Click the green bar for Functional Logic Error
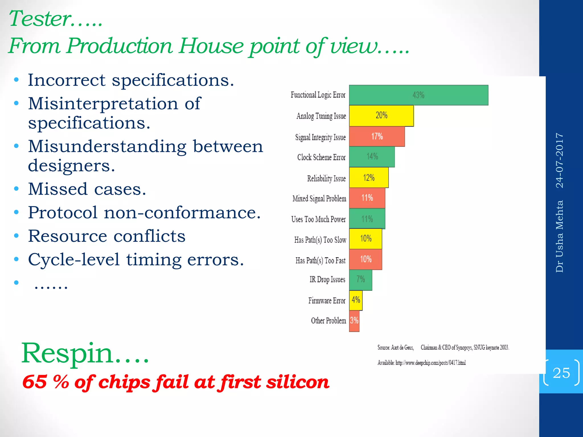pyautogui.click(x=418, y=95)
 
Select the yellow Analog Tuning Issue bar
pyautogui.click(x=381, y=116)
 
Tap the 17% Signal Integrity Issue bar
pyautogui.click(x=377, y=137)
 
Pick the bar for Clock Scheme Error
pyautogui.click(x=372, y=157)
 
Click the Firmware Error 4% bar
pyautogui.click(x=356, y=300)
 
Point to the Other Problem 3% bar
pyautogui.click(x=354, y=321)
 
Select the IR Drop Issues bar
pyautogui.click(x=360, y=280)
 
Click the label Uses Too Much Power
pyautogui.click(x=318, y=219)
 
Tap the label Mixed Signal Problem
pyautogui.click(x=319, y=198)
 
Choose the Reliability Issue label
pyautogui.click(x=326, y=178)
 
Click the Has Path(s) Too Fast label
pyautogui.click(x=320, y=260)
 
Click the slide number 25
pyautogui.click(x=561, y=373)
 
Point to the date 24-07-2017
pyautogui.click(x=560, y=160)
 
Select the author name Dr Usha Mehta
pyautogui.click(x=560, y=236)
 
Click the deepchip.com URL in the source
pyautogui.click(x=430, y=363)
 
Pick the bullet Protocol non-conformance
pyautogui.click(x=144, y=213)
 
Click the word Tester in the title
pyautogui.click(x=40, y=19)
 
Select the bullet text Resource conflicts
pyautogui.click(x=107, y=236)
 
